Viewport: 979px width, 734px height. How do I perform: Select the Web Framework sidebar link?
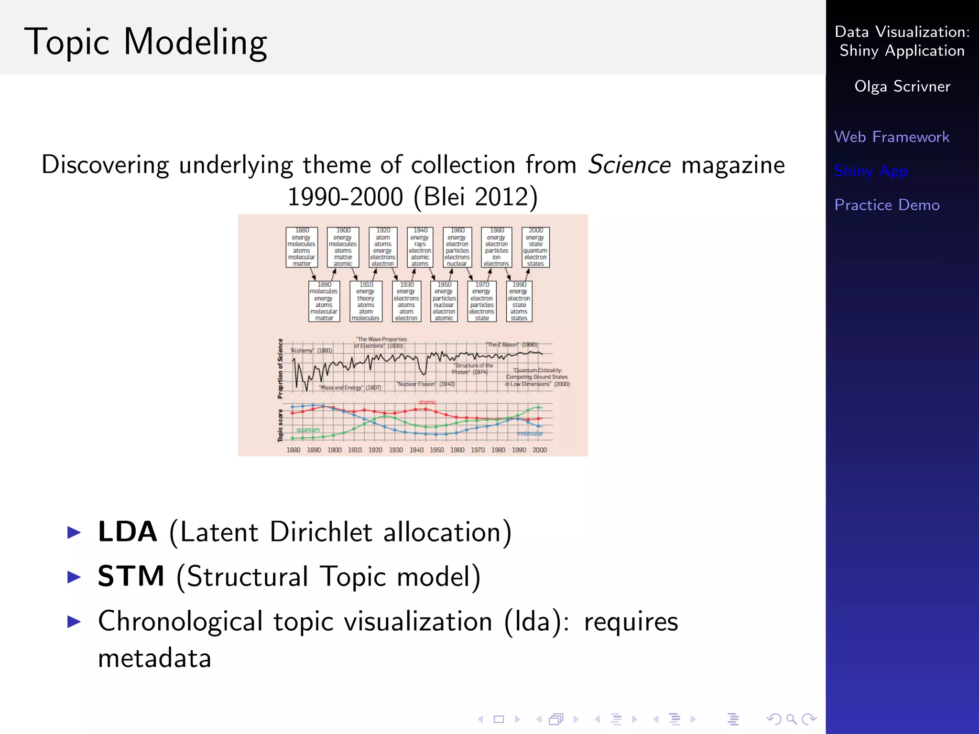click(892, 137)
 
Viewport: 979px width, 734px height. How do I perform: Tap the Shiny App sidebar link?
click(871, 171)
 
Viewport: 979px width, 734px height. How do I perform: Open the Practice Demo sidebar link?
click(887, 205)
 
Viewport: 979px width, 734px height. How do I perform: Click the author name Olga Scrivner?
click(902, 86)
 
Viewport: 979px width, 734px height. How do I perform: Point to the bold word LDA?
click(128, 532)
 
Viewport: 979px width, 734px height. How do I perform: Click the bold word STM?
click(131, 576)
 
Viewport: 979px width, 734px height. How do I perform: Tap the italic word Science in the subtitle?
click(629, 165)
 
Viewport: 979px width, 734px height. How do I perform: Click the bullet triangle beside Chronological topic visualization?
click(74, 622)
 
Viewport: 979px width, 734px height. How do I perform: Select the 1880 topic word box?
click(302, 247)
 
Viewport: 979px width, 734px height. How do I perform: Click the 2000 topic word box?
click(535, 247)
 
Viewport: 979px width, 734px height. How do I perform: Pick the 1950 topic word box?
click(444, 302)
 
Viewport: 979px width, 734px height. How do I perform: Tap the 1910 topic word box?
click(366, 302)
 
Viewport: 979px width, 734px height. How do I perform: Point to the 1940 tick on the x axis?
click(416, 450)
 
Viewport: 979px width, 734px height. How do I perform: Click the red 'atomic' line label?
click(427, 402)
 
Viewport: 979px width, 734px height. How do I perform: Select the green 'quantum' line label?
click(308, 430)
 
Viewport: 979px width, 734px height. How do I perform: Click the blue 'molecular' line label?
click(530, 433)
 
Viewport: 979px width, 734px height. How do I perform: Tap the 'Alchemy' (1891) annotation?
click(311, 351)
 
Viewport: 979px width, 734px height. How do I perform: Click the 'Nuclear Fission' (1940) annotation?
click(425, 384)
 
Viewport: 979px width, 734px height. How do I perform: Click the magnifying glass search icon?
click(791, 719)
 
